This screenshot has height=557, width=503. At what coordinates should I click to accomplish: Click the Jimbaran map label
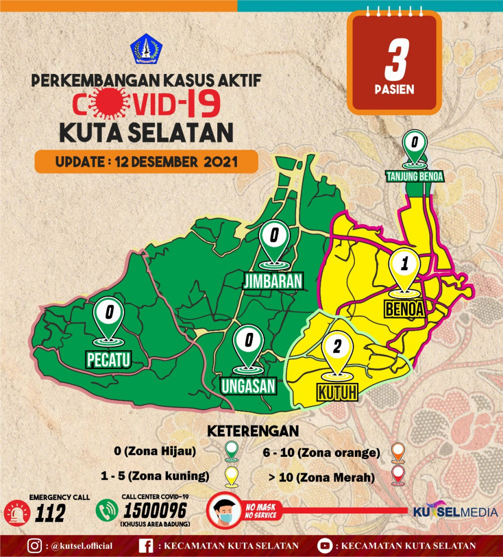point(273,281)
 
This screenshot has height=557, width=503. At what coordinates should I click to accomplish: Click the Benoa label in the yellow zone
point(404,309)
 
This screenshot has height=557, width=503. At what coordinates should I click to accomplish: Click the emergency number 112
point(50,512)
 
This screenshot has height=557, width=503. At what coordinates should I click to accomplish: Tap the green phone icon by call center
point(107,511)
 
